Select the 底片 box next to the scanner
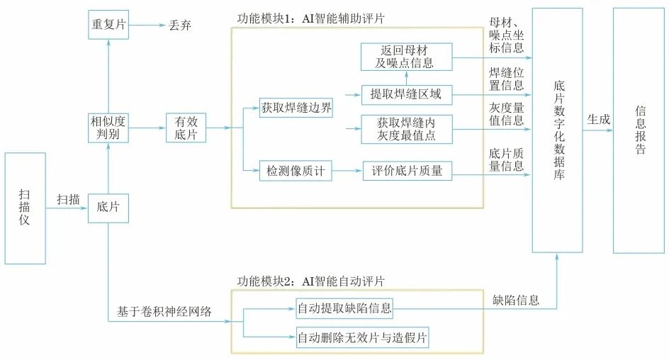click(x=108, y=208)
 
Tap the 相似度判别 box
click(x=108, y=128)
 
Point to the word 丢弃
click(x=180, y=26)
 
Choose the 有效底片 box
click(x=186, y=128)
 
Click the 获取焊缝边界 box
click(x=297, y=109)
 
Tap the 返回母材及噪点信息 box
click(x=405, y=57)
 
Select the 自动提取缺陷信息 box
click(x=344, y=308)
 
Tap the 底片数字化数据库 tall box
click(x=557, y=130)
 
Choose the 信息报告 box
click(x=640, y=130)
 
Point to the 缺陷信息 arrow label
click(x=516, y=300)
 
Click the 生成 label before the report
click(x=597, y=120)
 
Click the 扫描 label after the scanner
click(x=68, y=200)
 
